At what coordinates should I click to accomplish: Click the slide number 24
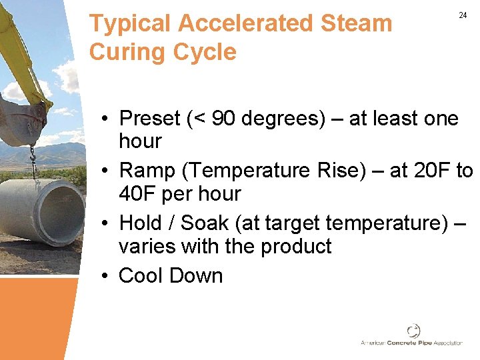463,15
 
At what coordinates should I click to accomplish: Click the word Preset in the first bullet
150,119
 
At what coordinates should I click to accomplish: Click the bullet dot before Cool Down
107,276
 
